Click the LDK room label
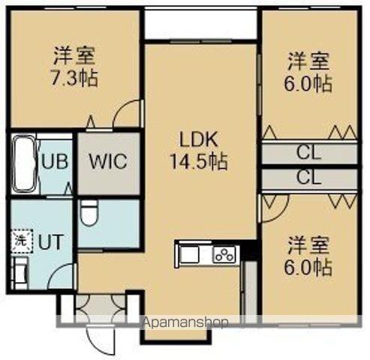tap(197, 139)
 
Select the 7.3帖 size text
tap(74, 78)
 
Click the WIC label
tap(109, 161)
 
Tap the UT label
tap(50, 241)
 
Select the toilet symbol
tap(89, 214)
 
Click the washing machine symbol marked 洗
tap(18, 241)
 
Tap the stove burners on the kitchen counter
tap(224, 255)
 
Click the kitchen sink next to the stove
tap(189, 255)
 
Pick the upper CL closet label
tap(308, 154)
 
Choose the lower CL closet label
tap(308, 178)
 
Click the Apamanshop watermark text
tap(185, 322)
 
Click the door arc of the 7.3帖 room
tap(128, 115)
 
